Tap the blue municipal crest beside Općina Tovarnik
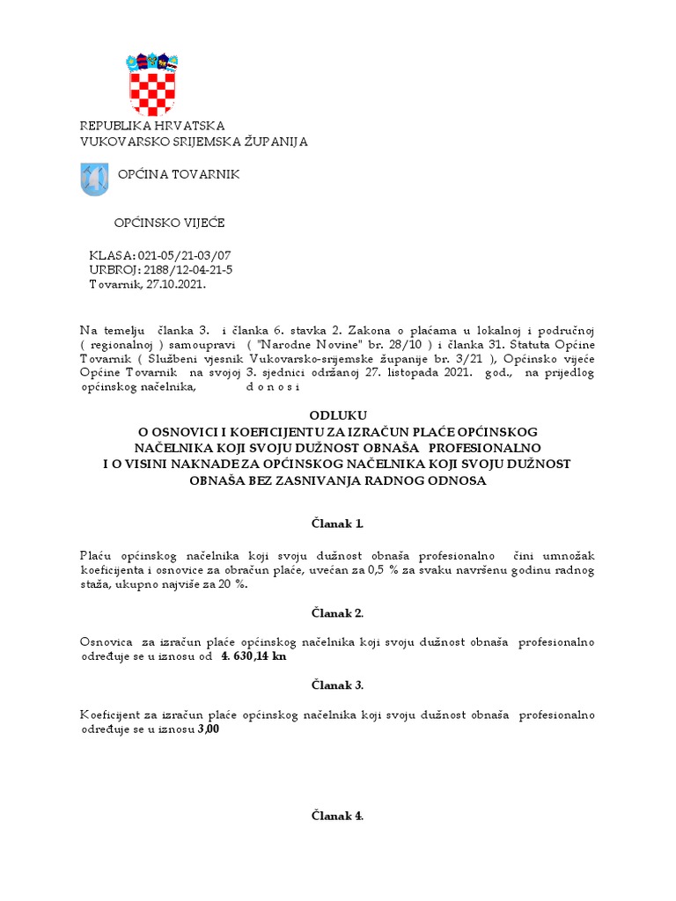tap(94, 179)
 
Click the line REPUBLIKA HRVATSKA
tap(152, 127)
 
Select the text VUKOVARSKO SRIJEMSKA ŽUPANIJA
tap(194, 142)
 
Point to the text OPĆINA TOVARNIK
tap(179, 175)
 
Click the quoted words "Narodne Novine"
tap(299, 343)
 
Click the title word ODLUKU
tap(337, 415)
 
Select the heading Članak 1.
tap(337, 524)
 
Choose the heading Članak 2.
tap(337, 612)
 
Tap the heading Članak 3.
tap(337, 685)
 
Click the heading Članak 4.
tap(337, 816)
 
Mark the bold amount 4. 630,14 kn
tap(253, 656)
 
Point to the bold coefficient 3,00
tap(209, 729)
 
